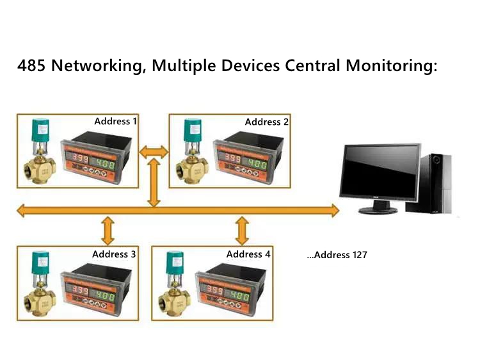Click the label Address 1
pyautogui.click(x=116, y=121)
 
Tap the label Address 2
pyautogui.click(x=267, y=122)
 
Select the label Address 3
pyautogui.click(x=114, y=254)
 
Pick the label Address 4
pyautogui.click(x=248, y=254)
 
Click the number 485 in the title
pyautogui.click(x=31, y=66)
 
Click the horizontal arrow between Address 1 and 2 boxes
pyautogui.click(x=154, y=152)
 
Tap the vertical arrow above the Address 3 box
pyautogui.click(x=108, y=229)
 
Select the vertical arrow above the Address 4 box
pyautogui.click(x=242, y=229)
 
